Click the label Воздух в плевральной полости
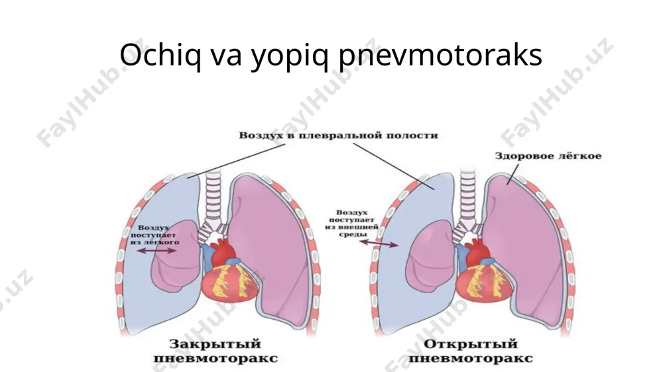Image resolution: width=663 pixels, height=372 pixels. (338, 136)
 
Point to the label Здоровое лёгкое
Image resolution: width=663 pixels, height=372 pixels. (548, 156)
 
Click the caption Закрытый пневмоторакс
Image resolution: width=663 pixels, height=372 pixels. (215, 351)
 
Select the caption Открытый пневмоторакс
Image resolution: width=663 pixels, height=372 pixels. (470, 351)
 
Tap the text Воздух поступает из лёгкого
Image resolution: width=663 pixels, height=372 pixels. (154, 235)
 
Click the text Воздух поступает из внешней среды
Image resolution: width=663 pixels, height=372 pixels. (352, 223)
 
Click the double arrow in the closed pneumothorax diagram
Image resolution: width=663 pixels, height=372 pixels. (156, 250)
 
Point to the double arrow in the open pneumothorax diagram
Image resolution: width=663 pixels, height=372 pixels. (379, 243)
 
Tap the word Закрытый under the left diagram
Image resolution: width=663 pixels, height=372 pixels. (215, 344)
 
